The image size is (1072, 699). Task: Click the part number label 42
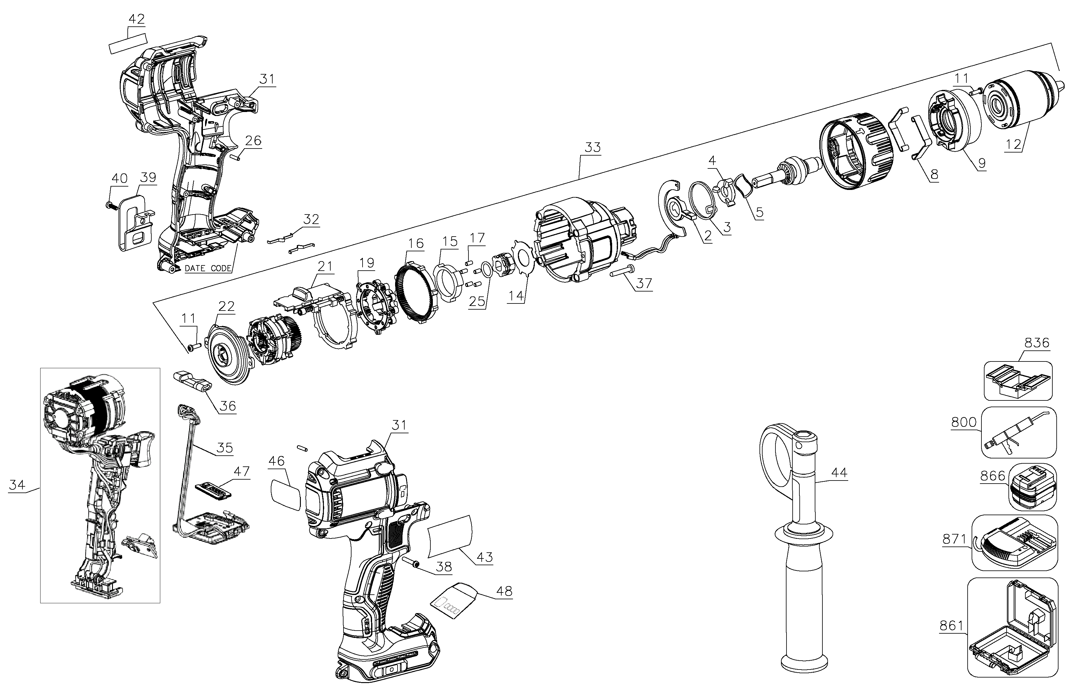pyautogui.click(x=137, y=19)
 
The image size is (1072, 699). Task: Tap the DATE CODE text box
pyautogui.click(x=208, y=268)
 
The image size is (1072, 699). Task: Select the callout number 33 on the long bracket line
pyautogui.click(x=593, y=148)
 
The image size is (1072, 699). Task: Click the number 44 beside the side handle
pyautogui.click(x=839, y=472)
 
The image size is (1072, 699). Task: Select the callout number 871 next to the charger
pyautogui.click(x=954, y=539)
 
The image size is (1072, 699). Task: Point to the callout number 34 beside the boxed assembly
pyautogui.click(x=17, y=485)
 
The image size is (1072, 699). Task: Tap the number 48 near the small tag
pyautogui.click(x=504, y=591)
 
